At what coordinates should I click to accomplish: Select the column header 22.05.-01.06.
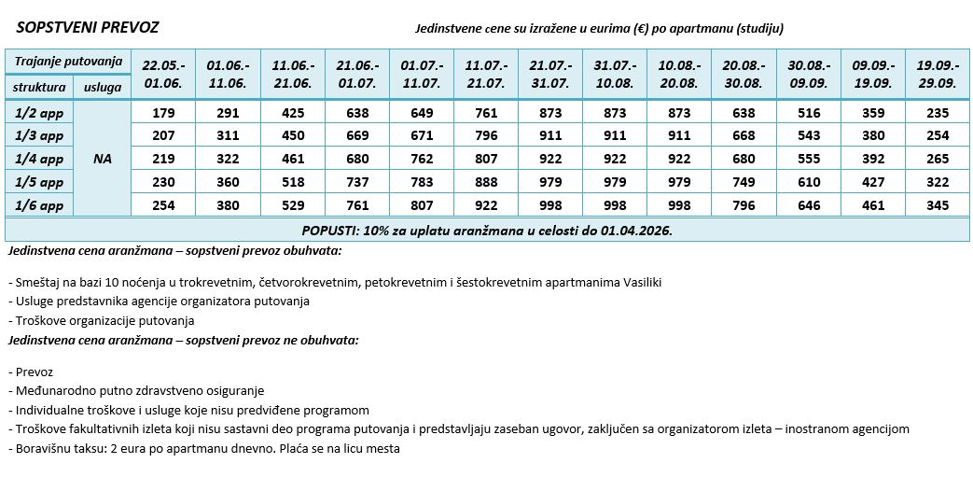click(x=163, y=74)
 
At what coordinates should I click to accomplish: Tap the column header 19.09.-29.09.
click(x=938, y=74)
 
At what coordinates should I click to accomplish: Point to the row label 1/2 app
click(x=39, y=112)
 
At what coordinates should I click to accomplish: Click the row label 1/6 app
click(x=39, y=205)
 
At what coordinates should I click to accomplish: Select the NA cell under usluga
click(x=103, y=159)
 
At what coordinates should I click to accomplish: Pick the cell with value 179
click(x=163, y=113)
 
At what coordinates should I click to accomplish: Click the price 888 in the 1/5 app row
click(x=485, y=182)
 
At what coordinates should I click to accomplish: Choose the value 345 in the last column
click(x=938, y=205)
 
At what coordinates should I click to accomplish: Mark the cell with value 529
click(x=292, y=205)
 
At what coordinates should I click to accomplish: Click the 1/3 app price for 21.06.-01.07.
click(x=357, y=136)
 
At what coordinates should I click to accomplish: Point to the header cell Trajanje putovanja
click(x=68, y=62)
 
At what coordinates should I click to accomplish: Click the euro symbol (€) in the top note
click(x=641, y=29)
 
